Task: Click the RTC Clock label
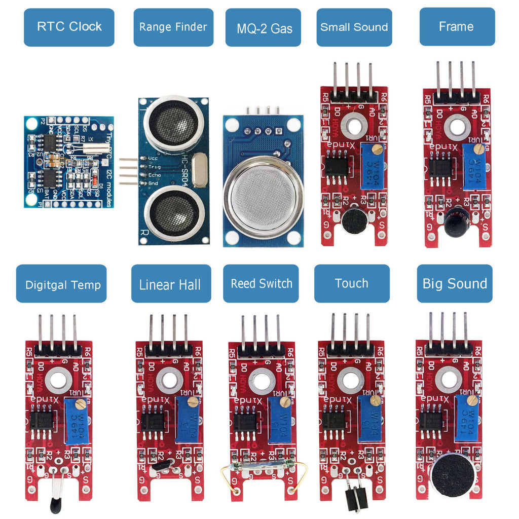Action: [x=69, y=27]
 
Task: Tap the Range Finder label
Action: [x=173, y=27]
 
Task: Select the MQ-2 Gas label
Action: [x=264, y=28]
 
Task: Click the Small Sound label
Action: [x=354, y=27]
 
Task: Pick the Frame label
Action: [x=457, y=27]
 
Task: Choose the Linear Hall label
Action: [x=170, y=284]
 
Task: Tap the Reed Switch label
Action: [x=262, y=284]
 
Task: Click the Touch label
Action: [x=351, y=283]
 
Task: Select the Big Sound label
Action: [x=455, y=283]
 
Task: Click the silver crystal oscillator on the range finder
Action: [x=201, y=170]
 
